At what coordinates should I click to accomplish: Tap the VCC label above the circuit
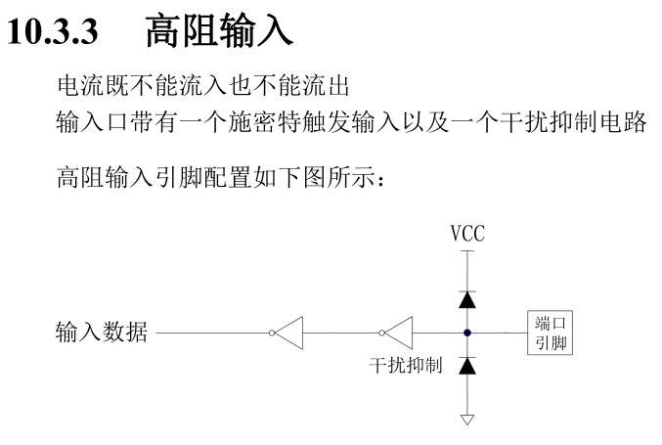pos(467,235)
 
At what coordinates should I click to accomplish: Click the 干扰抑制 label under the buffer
pos(405,366)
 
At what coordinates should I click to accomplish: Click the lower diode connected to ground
pos(467,366)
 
